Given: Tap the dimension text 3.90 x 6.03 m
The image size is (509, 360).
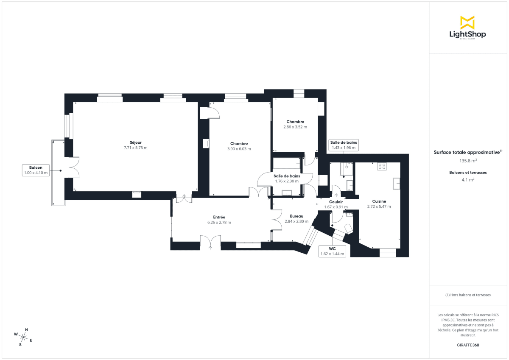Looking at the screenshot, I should pyautogui.click(x=239, y=149).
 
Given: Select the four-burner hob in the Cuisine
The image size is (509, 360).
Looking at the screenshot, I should pyautogui.click(x=381, y=167).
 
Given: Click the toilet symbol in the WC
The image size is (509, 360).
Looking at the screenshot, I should pyautogui.click(x=349, y=229).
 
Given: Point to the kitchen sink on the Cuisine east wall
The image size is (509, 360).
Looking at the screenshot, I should pyautogui.click(x=397, y=183).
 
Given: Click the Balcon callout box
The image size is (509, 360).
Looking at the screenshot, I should pyautogui.click(x=36, y=170).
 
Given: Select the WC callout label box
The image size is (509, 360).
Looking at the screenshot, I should pyautogui.click(x=332, y=251).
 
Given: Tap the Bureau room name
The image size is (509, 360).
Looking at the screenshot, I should pyautogui.click(x=296, y=216).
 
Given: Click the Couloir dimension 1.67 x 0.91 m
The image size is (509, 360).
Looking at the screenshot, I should pyautogui.click(x=336, y=207).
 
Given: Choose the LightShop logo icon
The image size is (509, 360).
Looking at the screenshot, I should pyautogui.click(x=467, y=22).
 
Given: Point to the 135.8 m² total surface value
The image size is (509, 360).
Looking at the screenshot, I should pyautogui.click(x=467, y=161).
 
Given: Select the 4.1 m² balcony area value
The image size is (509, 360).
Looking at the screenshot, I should pyautogui.click(x=467, y=179).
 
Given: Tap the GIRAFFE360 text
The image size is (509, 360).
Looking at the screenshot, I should pyautogui.click(x=467, y=345).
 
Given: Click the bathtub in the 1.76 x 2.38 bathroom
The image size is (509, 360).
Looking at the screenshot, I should pyautogui.click(x=287, y=164).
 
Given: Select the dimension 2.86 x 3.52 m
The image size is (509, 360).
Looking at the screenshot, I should pyautogui.click(x=295, y=127).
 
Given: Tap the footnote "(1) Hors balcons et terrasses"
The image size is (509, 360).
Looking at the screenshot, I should pyautogui.click(x=467, y=295).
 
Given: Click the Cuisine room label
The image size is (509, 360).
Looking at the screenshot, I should pyautogui.click(x=379, y=201).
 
